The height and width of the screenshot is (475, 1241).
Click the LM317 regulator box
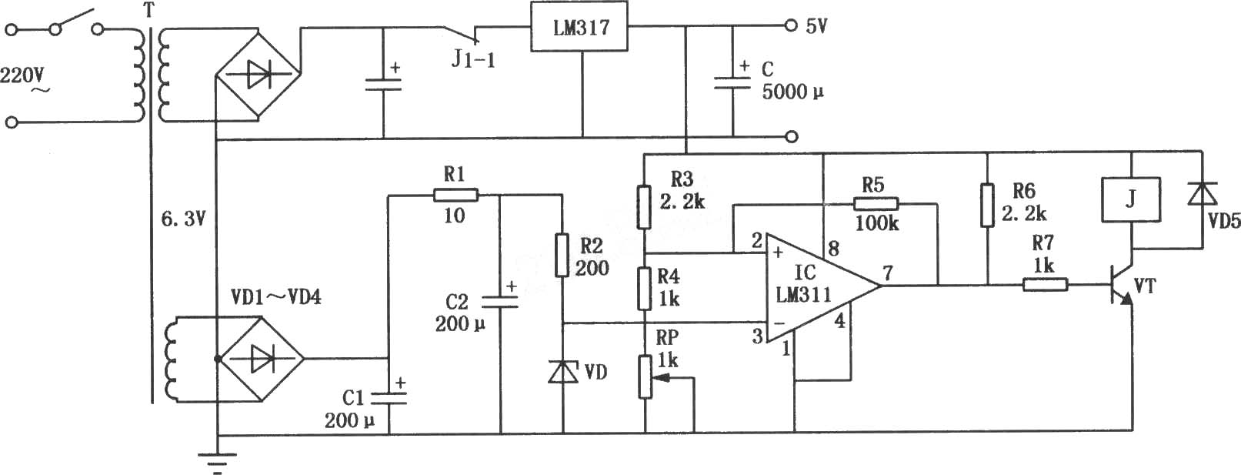(x=579, y=26)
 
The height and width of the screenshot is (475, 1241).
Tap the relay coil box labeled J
(x=1131, y=199)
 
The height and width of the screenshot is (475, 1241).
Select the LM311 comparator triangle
(x=823, y=286)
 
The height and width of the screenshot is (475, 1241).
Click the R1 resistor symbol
(x=455, y=195)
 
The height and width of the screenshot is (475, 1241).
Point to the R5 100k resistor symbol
(x=876, y=204)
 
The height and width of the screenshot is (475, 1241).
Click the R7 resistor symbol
(x=1045, y=286)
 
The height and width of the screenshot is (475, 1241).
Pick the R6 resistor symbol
(x=987, y=205)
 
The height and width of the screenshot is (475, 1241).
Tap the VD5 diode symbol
(x=1203, y=194)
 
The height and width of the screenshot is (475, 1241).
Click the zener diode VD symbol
(x=563, y=371)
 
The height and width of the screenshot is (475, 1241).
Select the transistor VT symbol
(x=1122, y=286)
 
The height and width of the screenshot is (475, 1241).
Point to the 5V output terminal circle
(x=791, y=25)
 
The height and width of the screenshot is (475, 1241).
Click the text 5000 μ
(x=792, y=92)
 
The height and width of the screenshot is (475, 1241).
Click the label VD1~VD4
(x=276, y=298)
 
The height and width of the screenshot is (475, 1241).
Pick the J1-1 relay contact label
(x=474, y=59)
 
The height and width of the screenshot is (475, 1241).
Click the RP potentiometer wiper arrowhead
(x=657, y=378)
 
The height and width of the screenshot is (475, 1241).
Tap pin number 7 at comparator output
(x=888, y=272)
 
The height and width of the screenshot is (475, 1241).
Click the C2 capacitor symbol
(x=500, y=302)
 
